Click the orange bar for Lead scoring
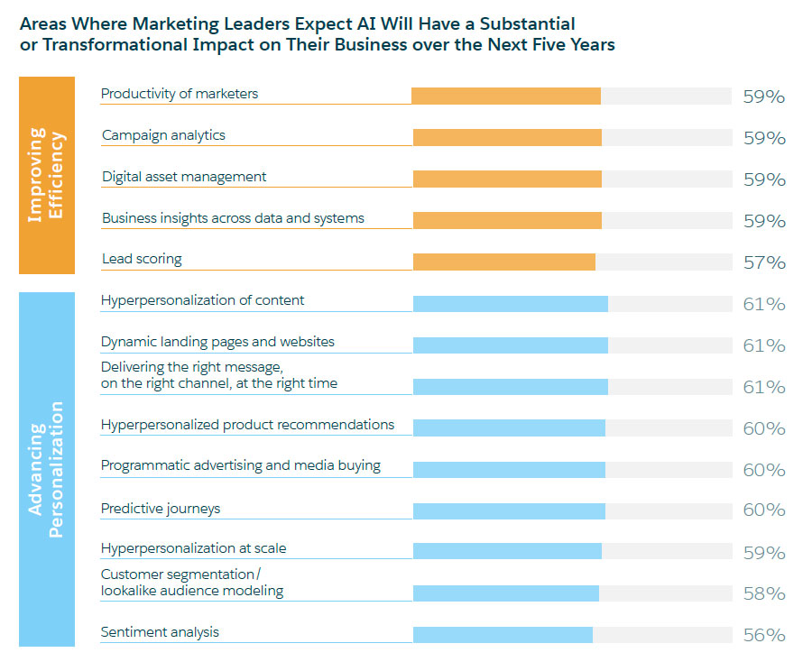503,262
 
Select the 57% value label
763,262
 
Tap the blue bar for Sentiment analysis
503,635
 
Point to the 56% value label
763,635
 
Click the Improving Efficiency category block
47,176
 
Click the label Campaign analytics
163,135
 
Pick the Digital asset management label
184,177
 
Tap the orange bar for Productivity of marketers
505,96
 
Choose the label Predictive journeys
161,509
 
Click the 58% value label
763,593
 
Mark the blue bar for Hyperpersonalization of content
510,303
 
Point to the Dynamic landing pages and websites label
217,342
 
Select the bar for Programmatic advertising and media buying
509,469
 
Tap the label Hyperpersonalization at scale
193,548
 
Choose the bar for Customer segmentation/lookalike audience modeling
505,593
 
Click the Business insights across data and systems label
233,218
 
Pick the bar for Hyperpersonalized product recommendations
509,427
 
